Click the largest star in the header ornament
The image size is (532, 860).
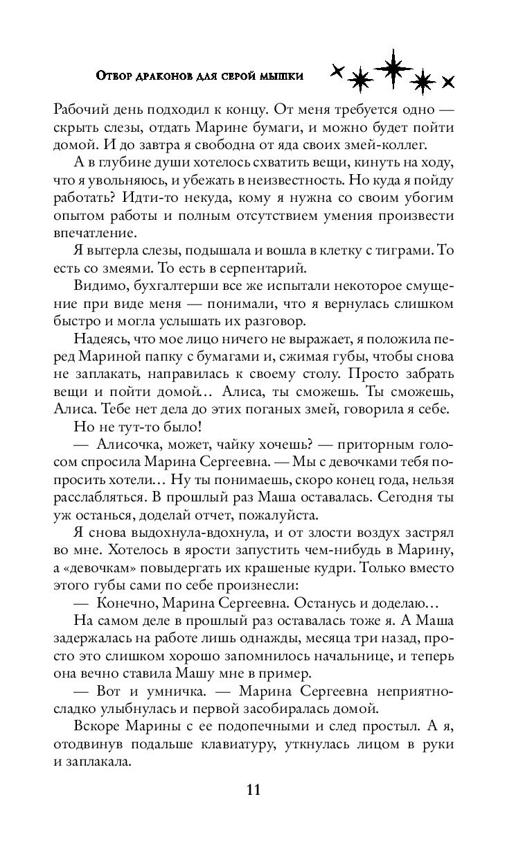393,67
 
